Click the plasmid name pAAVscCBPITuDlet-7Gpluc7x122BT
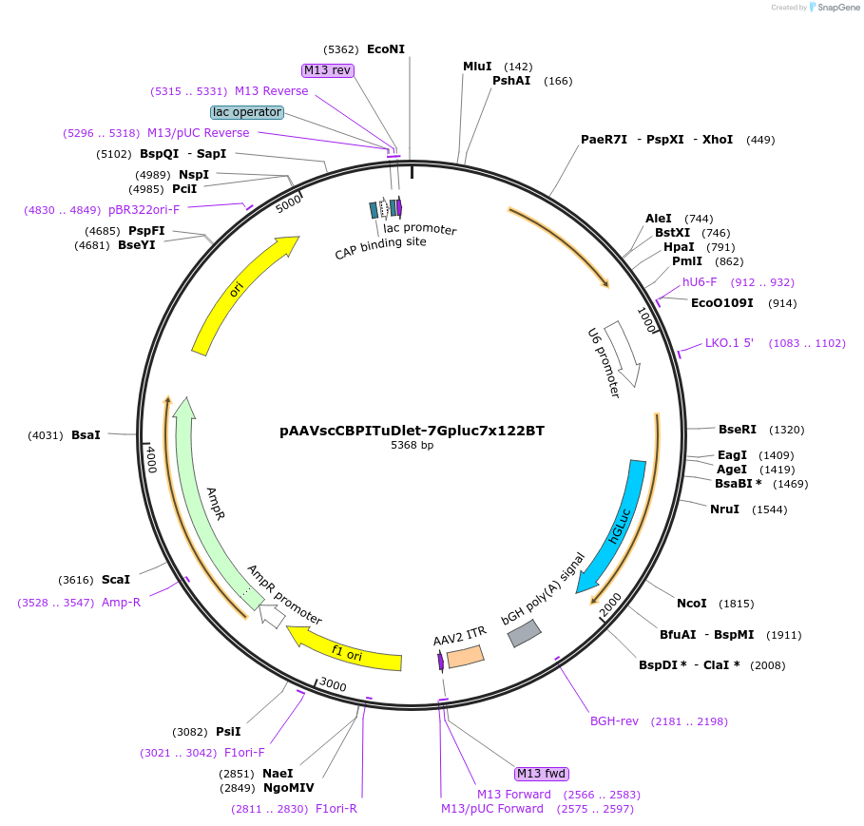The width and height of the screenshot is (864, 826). [412, 431]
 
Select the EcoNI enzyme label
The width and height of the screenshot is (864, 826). [385, 49]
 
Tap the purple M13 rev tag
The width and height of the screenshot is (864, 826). [328, 70]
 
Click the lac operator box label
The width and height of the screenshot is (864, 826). [247, 112]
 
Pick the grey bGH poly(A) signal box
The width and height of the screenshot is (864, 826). [526, 633]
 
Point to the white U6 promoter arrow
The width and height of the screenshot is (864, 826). [624, 353]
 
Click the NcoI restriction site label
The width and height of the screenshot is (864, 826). [692, 604]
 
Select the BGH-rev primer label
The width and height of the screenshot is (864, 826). [614, 721]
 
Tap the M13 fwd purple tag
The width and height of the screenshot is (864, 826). [540, 773]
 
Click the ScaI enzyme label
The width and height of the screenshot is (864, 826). [116, 579]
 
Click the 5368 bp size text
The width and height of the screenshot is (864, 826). [412, 445]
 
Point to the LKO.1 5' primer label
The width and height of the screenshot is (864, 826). [729, 343]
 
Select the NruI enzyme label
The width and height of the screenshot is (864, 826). [724, 509]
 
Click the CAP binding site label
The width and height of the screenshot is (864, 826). [380, 248]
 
